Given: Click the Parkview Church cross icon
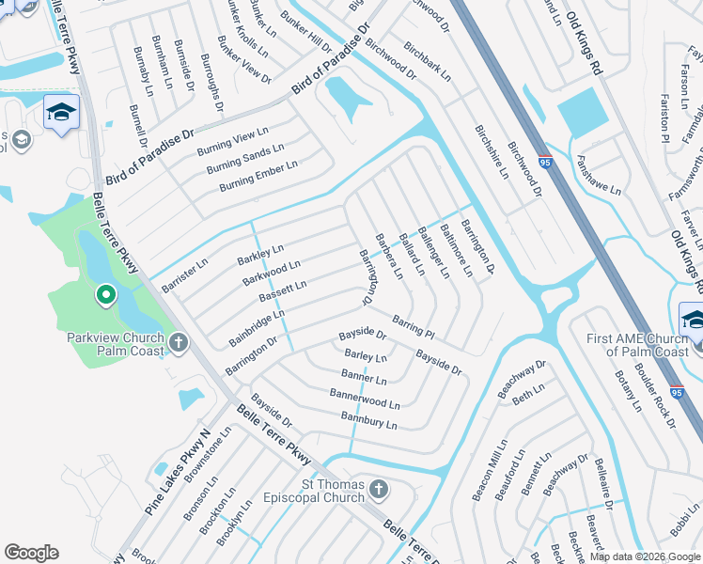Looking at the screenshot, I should pyautogui.click(x=180, y=345).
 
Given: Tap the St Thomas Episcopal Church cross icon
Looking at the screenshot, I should pyautogui.click(x=378, y=489).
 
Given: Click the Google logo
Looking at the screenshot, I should pyautogui.click(x=31, y=553).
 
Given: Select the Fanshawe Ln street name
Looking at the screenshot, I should pyautogui.click(x=599, y=176).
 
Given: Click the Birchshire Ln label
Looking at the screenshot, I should pyautogui.click(x=491, y=152).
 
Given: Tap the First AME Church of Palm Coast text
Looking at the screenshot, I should pyautogui.click(x=638, y=345).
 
